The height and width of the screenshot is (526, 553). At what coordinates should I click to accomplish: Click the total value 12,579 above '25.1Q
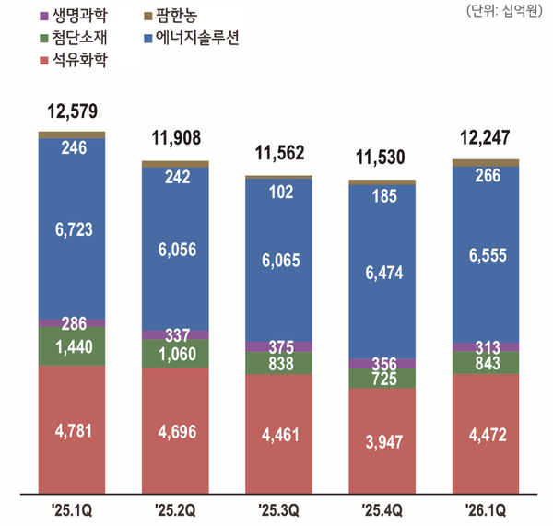click(x=72, y=113)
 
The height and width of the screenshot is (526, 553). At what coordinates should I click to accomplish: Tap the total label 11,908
click(x=175, y=140)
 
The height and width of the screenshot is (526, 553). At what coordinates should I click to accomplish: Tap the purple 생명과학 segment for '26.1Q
click(x=485, y=346)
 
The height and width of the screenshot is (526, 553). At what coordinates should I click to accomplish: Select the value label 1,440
click(x=72, y=347)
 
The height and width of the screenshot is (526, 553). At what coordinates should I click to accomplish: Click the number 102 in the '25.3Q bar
click(x=278, y=193)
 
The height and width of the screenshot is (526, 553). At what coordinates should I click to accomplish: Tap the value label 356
click(x=382, y=362)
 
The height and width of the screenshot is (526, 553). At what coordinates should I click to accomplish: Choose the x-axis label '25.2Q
click(x=175, y=508)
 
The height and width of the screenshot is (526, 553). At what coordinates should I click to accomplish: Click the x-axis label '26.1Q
click(x=485, y=508)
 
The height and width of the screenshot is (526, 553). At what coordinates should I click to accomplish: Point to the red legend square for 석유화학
click(x=44, y=64)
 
